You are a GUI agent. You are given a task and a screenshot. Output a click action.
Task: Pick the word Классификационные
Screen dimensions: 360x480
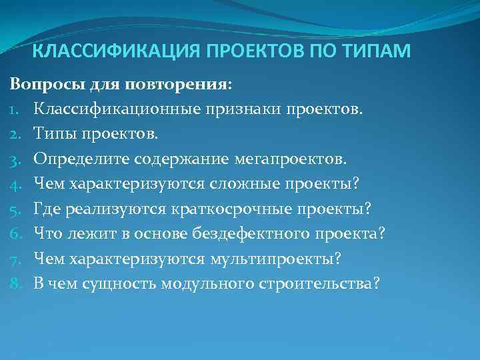(x=111, y=109)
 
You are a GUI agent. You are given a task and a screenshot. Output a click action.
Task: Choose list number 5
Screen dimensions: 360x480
(x=14, y=209)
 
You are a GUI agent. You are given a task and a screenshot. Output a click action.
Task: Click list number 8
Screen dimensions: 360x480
(x=14, y=283)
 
